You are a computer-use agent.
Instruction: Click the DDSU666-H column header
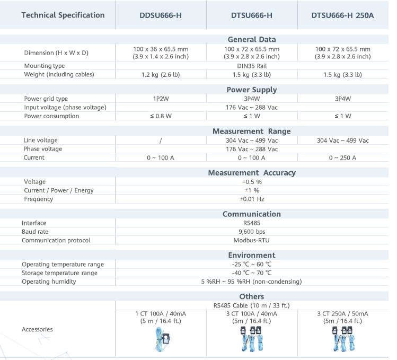tap(161, 15)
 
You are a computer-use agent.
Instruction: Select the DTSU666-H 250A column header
tap(342, 15)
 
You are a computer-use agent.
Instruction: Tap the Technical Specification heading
tap(63, 15)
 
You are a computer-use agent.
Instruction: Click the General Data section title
tap(252, 39)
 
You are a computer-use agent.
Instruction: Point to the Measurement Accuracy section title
tap(252, 172)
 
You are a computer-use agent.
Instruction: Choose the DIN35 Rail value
tap(252, 66)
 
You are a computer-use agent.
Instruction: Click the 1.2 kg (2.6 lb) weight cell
tap(161, 74)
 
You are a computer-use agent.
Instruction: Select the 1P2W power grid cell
tap(161, 99)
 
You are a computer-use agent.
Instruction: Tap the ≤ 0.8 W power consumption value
tap(161, 116)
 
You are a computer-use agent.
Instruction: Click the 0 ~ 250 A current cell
tap(342, 157)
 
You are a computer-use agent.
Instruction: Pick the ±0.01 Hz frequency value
tap(252, 199)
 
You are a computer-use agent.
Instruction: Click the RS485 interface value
tap(252, 223)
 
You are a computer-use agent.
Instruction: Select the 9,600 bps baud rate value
tap(252, 232)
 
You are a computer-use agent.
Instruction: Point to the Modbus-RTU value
tap(252, 240)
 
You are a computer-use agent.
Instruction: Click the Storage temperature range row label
tap(59, 273)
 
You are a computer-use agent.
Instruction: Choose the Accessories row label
tap(37, 329)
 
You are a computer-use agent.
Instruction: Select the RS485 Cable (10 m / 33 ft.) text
tap(252, 305)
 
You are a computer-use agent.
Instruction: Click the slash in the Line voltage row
tap(161, 141)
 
